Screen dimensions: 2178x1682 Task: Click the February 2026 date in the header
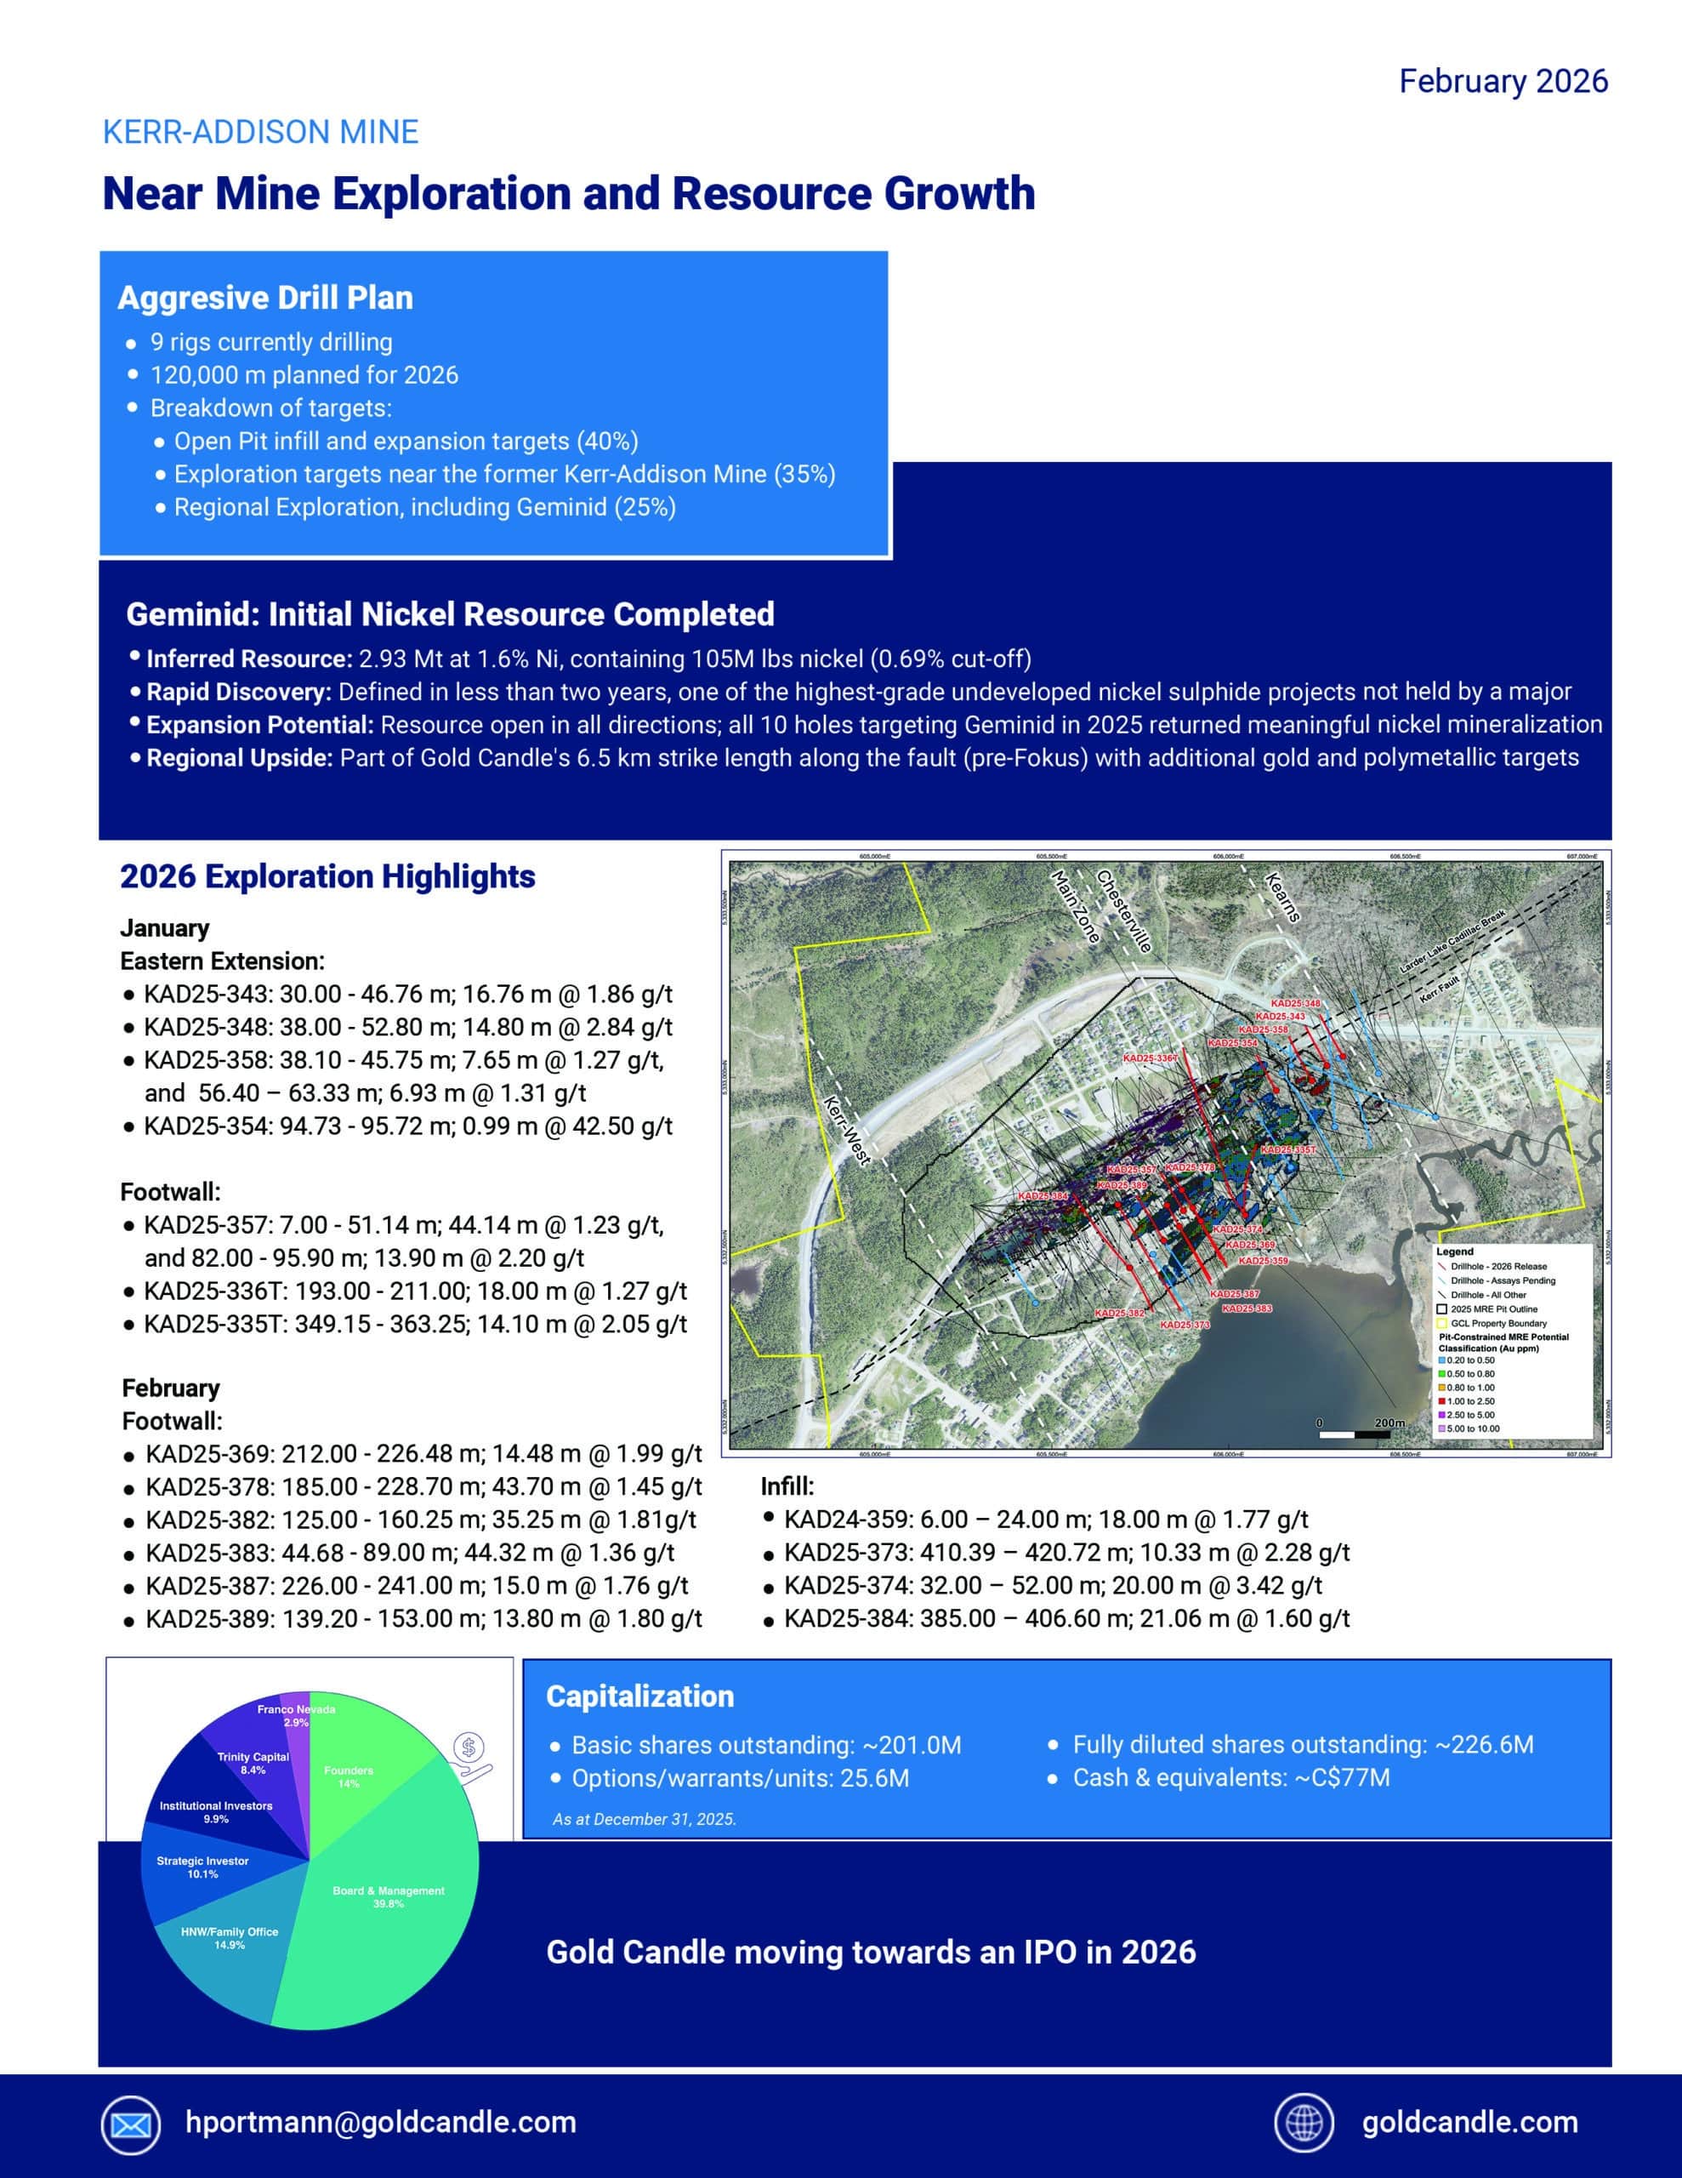pyautogui.click(x=1503, y=82)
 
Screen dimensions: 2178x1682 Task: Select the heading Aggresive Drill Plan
pyautogui.click(x=265, y=297)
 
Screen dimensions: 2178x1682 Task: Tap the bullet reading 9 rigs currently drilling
pyautogui.click(x=271, y=342)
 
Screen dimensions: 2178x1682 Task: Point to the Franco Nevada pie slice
pyautogui.click(x=296, y=1714)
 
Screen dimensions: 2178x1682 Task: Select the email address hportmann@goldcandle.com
pyautogui.click(x=381, y=2122)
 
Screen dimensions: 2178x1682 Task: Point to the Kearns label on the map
pyautogui.click(x=1282, y=897)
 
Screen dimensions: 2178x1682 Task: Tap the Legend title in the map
pyautogui.click(x=1455, y=1251)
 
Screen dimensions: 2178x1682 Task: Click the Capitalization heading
pyautogui.click(x=640, y=1696)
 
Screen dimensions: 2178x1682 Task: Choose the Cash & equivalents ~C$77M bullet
pyautogui.click(x=1230, y=1777)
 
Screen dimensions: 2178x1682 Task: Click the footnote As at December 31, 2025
pyautogui.click(x=644, y=1819)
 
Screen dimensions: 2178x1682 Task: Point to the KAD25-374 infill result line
pyautogui.click(x=1053, y=1586)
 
